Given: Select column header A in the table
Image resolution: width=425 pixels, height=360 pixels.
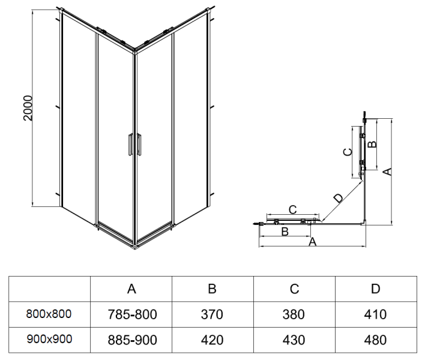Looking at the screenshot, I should (x=132, y=289).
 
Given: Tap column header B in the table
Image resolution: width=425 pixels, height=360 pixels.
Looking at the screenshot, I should (x=212, y=289).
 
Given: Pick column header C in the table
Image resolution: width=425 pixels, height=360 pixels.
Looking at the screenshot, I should (x=294, y=289).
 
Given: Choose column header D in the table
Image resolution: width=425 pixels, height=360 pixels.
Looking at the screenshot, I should (x=375, y=289).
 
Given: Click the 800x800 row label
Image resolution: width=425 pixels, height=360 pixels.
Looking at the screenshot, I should (x=49, y=314).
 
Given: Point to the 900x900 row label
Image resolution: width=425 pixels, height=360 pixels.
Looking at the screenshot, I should (x=49, y=339).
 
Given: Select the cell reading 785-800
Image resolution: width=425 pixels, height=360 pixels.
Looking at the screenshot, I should (x=132, y=314).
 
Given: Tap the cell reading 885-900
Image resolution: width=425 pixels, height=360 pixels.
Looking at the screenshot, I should (x=132, y=340).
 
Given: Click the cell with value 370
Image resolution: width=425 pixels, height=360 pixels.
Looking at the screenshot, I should (x=212, y=314).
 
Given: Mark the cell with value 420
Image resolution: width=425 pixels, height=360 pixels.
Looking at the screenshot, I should (x=212, y=340).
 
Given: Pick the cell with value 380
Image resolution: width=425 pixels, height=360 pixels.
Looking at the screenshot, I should (x=294, y=314).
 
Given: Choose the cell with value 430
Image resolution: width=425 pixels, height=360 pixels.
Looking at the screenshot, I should (x=294, y=340).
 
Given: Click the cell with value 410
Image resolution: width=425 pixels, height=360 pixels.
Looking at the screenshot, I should (x=375, y=314).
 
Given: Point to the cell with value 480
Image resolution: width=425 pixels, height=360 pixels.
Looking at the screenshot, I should (x=375, y=340).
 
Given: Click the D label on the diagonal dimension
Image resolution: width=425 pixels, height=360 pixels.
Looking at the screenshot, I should (x=338, y=199).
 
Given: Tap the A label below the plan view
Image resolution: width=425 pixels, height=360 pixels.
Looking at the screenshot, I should (x=312, y=242).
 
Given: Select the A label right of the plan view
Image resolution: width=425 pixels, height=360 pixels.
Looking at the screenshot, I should (x=388, y=172).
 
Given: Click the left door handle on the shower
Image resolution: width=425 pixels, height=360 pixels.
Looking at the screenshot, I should (x=129, y=146).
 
